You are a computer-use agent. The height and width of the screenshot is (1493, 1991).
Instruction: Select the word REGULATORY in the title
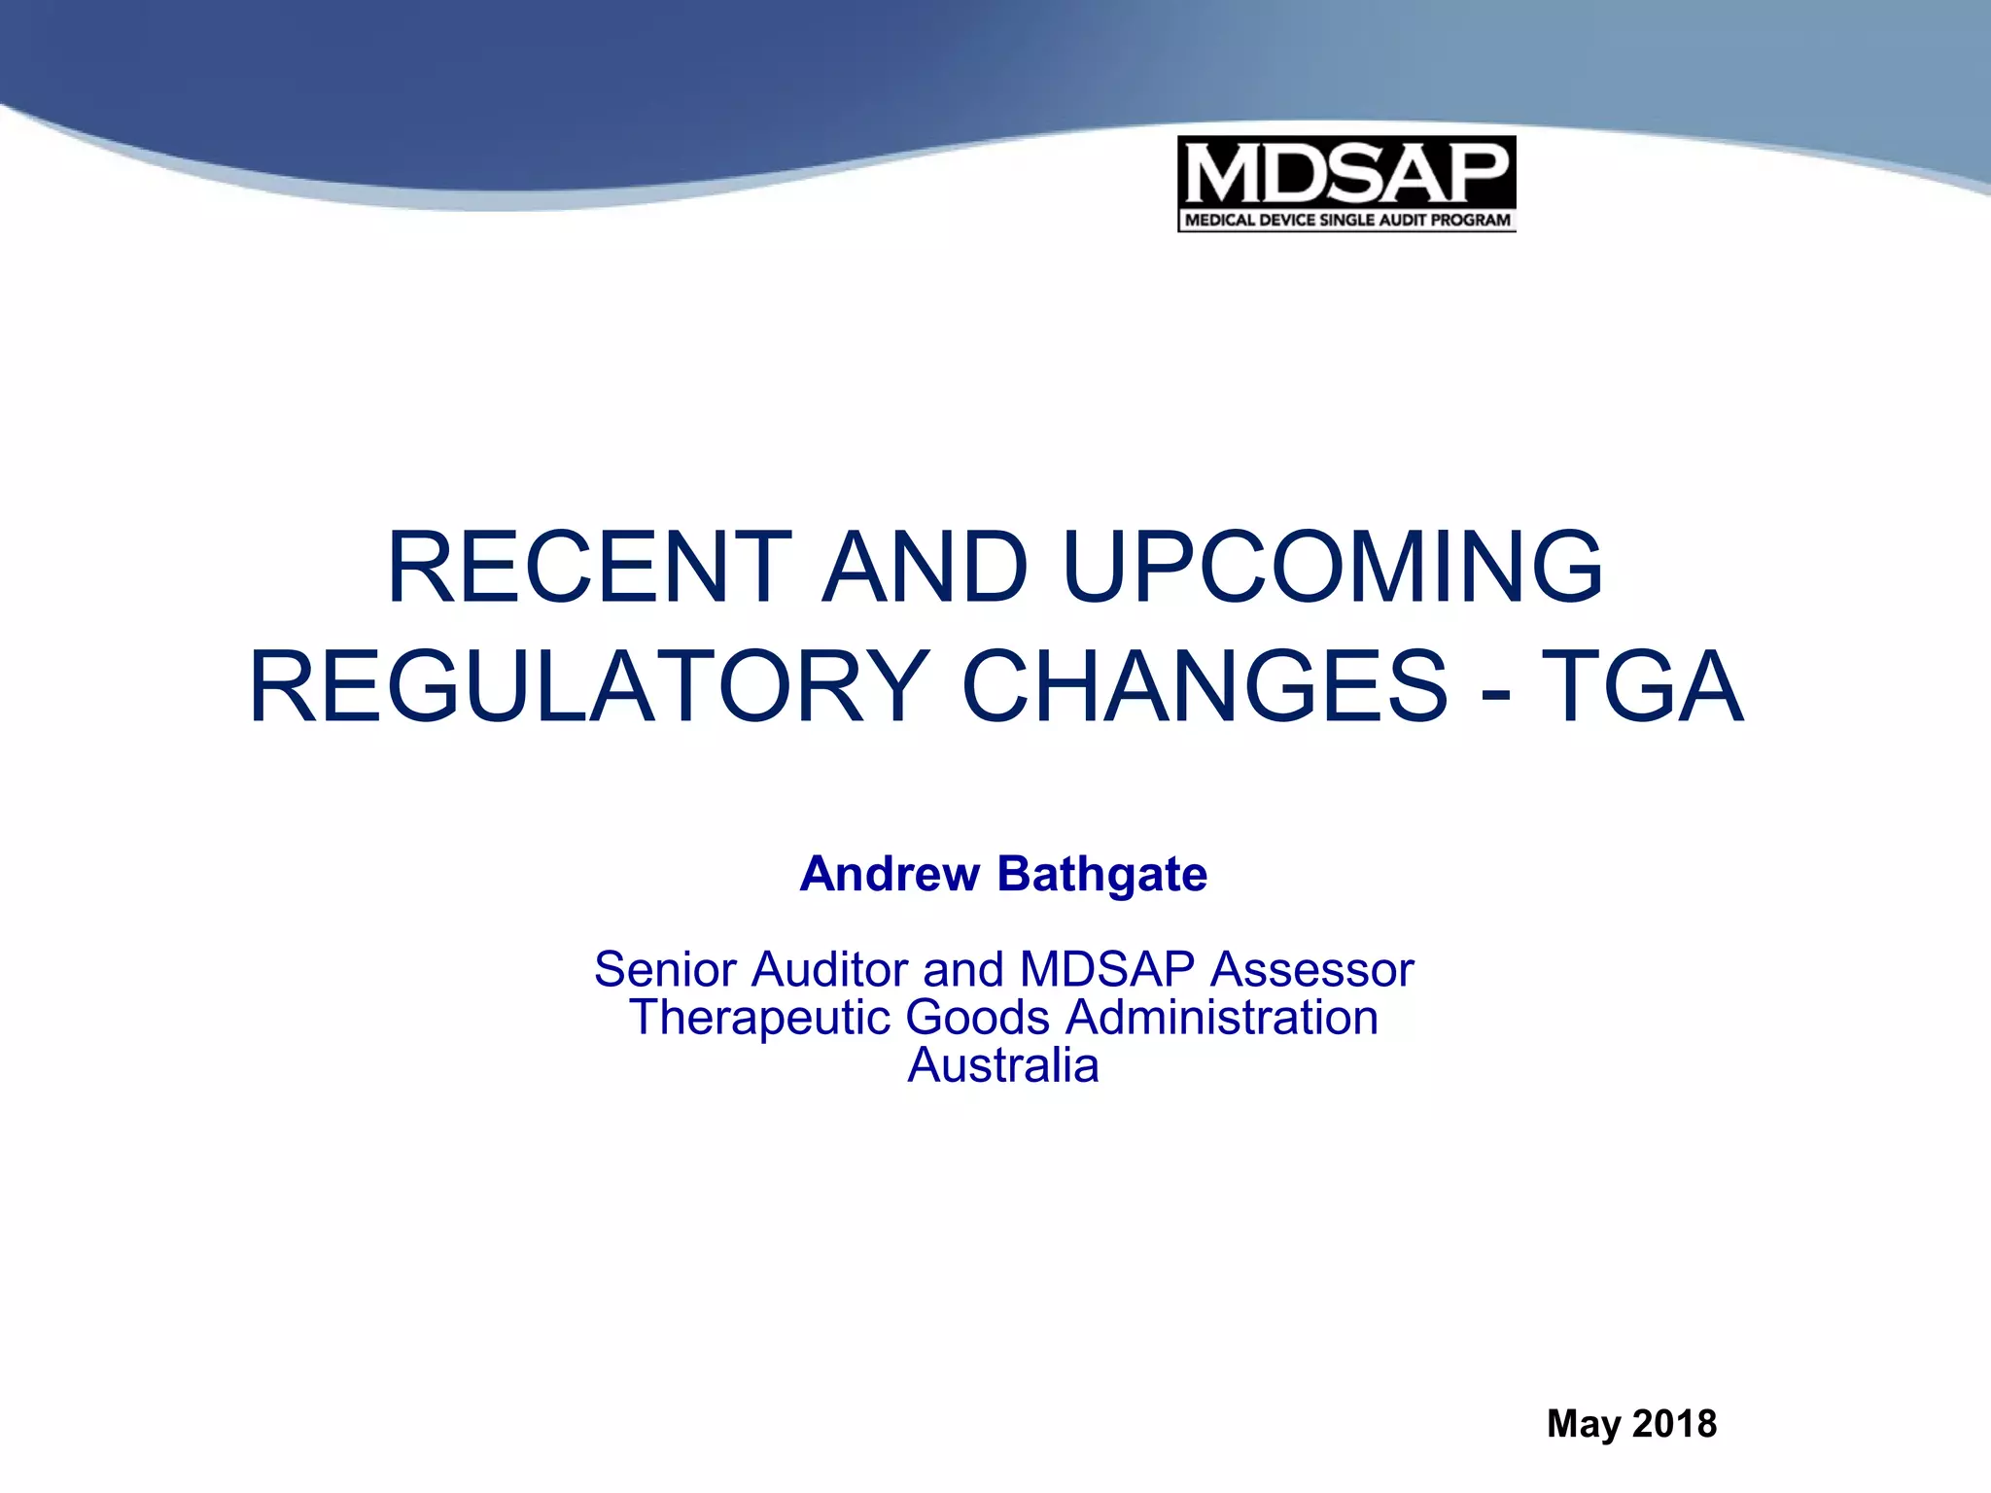(589, 687)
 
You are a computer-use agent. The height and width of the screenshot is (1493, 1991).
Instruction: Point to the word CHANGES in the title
(1205, 687)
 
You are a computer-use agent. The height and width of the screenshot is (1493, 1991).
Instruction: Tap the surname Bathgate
(1102, 874)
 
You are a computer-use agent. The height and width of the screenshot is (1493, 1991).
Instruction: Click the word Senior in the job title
(666, 969)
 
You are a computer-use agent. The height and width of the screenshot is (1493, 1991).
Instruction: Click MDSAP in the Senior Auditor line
(1106, 969)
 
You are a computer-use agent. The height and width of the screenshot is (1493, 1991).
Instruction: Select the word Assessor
(1312, 969)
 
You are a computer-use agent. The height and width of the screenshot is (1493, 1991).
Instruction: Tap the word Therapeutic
(759, 1018)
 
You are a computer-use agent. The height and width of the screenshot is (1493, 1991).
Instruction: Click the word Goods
(978, 1018)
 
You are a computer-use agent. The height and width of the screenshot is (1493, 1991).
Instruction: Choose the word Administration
(1222, 1018)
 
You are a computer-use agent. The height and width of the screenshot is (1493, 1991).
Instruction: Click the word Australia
(1003, 1065)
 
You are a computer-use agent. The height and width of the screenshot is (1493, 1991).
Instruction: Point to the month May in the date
(1585, 1424)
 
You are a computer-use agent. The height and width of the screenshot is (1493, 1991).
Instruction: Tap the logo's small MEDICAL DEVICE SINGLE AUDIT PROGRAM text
(1346, 220)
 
